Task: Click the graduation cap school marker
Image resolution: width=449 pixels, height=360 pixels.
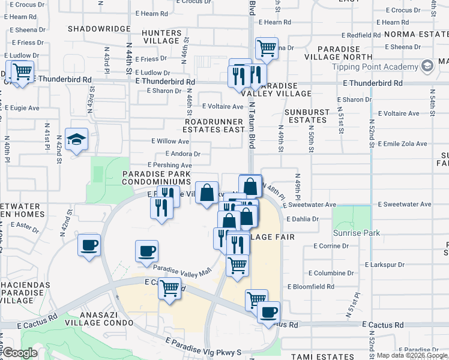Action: point(77,140)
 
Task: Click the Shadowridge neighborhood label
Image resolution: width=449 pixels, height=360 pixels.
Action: point(99,29)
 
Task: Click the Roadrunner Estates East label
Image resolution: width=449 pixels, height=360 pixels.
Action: point(214,125)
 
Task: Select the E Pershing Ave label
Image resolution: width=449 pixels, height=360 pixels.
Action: point(170,165)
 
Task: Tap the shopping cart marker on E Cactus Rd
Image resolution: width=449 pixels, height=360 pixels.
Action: point(170,288)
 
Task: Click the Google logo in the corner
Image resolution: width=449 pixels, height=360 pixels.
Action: point(20,353)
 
